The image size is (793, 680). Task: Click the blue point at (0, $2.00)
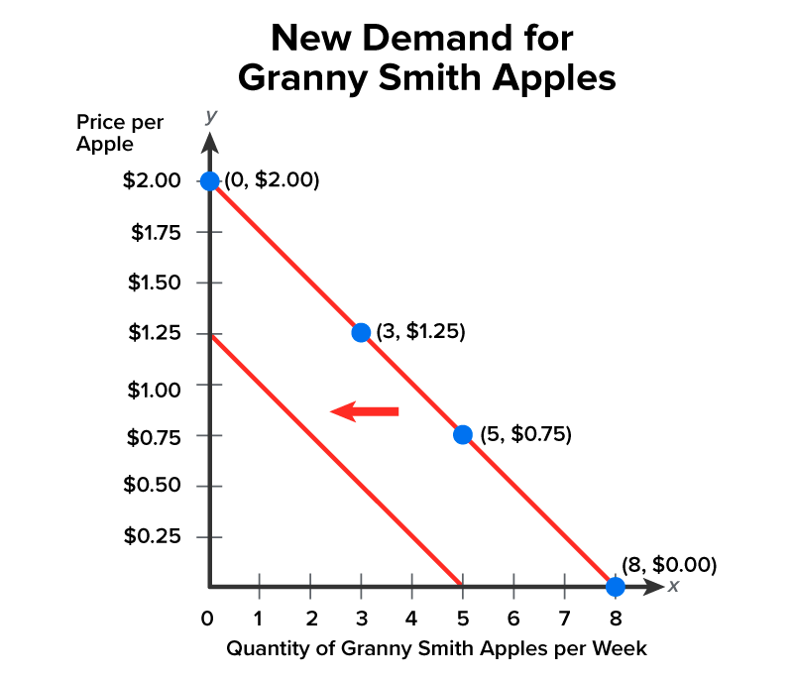209,180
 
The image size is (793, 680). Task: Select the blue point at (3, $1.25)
361,332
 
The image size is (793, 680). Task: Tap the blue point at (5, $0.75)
462,434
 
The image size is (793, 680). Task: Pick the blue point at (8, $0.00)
615,586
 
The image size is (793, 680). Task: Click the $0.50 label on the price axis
154,486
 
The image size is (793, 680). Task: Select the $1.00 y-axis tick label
154,390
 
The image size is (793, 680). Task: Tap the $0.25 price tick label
154,536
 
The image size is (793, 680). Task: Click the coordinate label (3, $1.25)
420,332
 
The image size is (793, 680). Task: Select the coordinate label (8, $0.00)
668,564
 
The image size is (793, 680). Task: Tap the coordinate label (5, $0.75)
525,434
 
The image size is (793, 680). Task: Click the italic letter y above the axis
210,116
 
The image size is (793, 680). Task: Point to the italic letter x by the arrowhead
673,586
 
